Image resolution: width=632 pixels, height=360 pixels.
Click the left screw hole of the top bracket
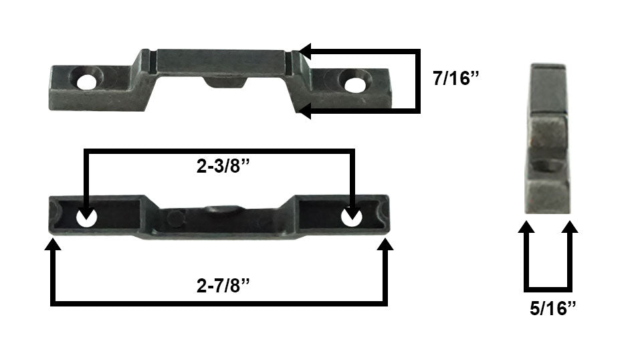86,82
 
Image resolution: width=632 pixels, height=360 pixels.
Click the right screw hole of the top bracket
352,83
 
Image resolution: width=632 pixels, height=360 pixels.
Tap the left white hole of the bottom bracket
86,217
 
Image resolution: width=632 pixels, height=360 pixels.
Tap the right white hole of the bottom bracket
352,217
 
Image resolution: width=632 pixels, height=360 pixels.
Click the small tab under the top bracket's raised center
226,81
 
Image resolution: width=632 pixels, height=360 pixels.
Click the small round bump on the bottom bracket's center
176,217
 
